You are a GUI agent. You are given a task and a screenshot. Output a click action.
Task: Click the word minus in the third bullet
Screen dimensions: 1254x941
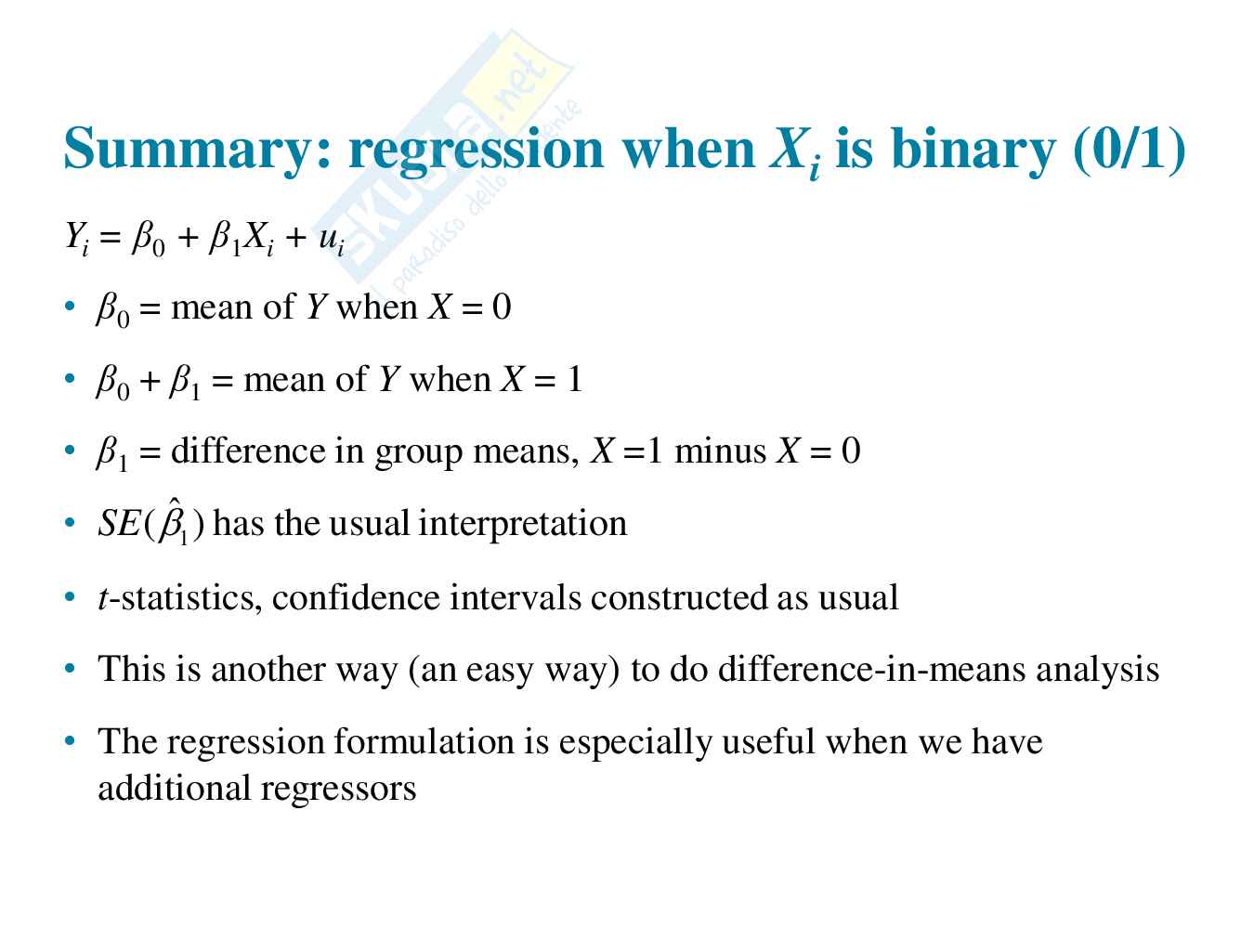pos(720,451)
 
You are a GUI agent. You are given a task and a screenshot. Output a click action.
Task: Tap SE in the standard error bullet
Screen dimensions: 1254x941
pos(119,523)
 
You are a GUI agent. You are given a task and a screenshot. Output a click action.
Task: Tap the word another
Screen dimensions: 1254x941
pos(268,669)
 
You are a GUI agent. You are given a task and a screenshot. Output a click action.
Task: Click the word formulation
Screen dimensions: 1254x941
pos(424,741)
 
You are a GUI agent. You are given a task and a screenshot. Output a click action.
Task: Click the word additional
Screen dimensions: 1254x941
pos(174,788)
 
